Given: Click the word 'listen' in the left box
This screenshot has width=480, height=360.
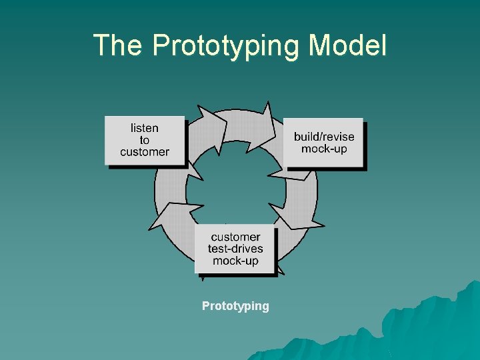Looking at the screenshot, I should click(x=145, y=127).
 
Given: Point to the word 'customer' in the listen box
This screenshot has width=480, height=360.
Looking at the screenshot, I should click(x=145, y=152).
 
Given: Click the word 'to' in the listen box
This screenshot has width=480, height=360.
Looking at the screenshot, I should click(x=145, y=140).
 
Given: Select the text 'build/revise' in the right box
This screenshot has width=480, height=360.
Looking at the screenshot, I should click(x=324, y=137).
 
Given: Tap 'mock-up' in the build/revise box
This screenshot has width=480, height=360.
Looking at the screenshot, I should click(x=324, y=149).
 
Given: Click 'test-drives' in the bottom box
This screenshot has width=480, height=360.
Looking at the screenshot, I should click(x=235, y=249).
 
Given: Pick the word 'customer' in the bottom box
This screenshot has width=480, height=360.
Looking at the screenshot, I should click(x=235, y=237).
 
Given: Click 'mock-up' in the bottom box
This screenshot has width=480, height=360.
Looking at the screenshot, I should click(x=235, y=261).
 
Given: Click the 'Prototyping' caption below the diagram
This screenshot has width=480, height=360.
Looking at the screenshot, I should click(x=235, y=306).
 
